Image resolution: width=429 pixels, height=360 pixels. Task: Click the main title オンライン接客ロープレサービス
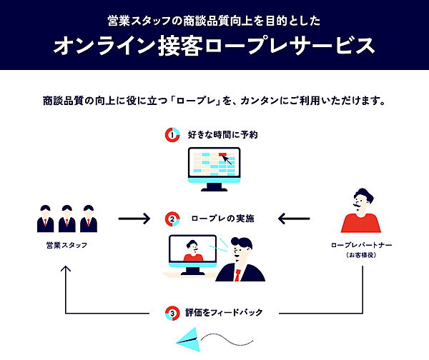[x=214, y=46]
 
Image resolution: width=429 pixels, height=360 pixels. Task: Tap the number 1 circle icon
[x=172, y=134]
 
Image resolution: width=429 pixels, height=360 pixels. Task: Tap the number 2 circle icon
[x=172, y=219]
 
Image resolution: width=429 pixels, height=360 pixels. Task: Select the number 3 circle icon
[x=172, y=313]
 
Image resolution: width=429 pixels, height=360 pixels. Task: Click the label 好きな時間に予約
[x=222, y=134]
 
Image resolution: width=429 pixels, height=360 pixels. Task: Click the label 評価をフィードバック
[x=224, y=313]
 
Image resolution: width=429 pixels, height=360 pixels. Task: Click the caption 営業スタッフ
[x=66, y=246]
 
